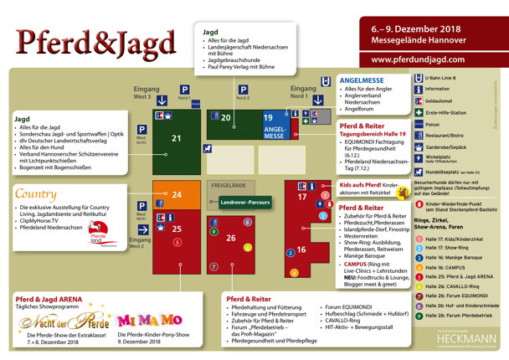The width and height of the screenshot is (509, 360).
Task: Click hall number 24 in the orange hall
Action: [177, 195]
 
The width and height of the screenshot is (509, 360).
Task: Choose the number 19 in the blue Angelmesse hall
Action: [268, 118]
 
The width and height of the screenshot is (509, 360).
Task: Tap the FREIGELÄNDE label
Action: [227, 184]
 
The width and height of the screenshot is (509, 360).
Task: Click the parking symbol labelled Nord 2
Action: [243, 89]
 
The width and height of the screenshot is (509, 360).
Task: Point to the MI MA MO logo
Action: [149, 321]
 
